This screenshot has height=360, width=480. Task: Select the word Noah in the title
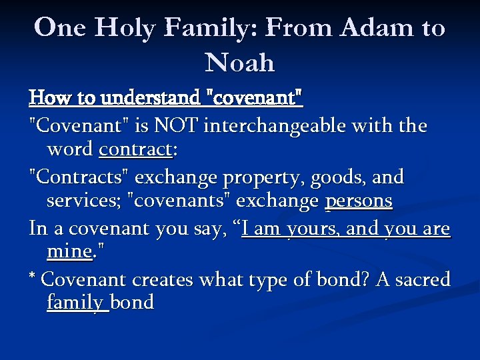coord(240,63)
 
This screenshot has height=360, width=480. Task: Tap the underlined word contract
coord(135,151)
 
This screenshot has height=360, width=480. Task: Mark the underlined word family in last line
coord(76,303)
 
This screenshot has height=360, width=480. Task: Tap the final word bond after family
coord(133,303)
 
